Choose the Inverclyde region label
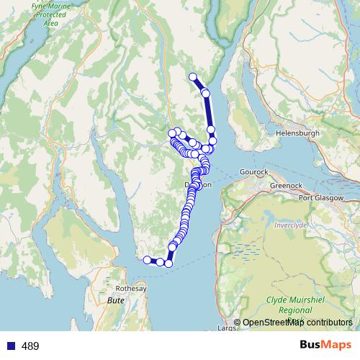pyautogui.click(x=291, y=225)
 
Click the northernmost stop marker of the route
pyautogui.click(x=192, y=77)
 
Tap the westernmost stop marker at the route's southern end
pyautogui.click(x=147, y=260)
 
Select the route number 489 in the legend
pyautogui.click(x=30, y=346)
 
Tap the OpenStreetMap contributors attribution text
pyautogui.click(x=297, y=323)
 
